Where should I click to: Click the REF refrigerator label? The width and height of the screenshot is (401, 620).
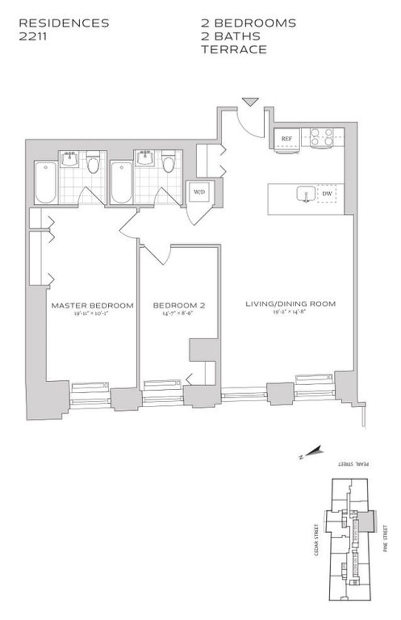(x=286, y=138)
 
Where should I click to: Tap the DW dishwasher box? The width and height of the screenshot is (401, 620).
(x=327, y=194)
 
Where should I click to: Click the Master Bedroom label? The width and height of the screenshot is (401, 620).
(x=93, y=305)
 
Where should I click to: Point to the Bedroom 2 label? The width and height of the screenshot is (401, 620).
(x=179, y=305)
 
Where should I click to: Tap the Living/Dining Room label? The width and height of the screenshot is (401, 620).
(x=290, y=303)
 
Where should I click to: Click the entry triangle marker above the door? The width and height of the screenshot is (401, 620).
(x=250, y=102)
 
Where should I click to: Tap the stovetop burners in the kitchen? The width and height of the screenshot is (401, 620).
(x=322, y=137)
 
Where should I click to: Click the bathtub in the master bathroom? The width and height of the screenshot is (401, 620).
(x=46, y=183)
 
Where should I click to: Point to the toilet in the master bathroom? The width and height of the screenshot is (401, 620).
(x=93, y=163)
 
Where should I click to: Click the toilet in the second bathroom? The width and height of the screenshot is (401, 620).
(x=168, y=163)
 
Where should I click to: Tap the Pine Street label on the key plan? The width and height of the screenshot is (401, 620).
(x=385, y=538)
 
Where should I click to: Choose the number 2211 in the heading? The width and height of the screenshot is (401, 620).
(x=33, y=36)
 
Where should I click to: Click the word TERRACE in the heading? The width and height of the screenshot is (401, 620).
(x=234, y=49)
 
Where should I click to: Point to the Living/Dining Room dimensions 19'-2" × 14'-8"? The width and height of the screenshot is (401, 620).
(x=290, y=312)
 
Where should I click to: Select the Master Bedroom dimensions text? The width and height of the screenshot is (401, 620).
(x=93, y=314)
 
